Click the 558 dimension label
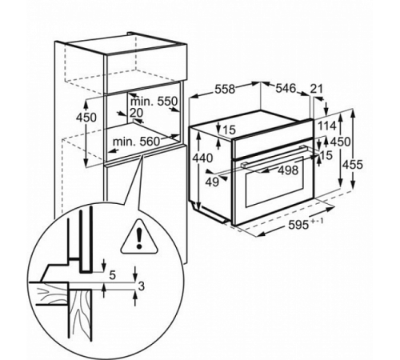[x=225, y=90]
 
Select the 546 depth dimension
[x=286, y=88]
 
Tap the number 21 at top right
[x=317, y=89]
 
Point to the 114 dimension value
[x=326, y=126]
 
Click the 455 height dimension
[x=353, y=165]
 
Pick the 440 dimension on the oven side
[x=202, y=158]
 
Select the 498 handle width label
[x=288, y=170]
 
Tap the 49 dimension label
[x=212, y=182]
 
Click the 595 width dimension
[x=298, y=226]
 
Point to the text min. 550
[x=154, y=102]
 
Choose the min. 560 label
[x=136, y=142]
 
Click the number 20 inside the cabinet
[x=136, y=113]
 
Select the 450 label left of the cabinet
[x=86, y=118]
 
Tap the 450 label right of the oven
[x=340, y=142]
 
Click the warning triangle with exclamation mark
[x=138, y=236]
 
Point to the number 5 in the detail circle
[x=113, y=275]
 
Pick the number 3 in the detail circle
[x=142, y=286]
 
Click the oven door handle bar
[x=273, y=157]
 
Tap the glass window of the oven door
[x=274, y=182]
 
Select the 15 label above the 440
[x=230, y=130]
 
